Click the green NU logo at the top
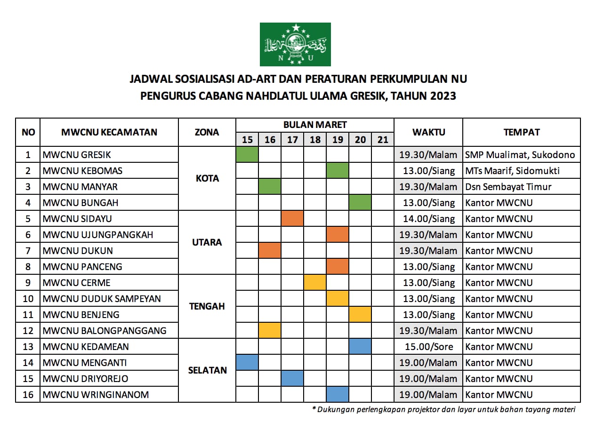(295, 44)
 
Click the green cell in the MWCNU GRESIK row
(247, 154)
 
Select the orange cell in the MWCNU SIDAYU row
(292, 219)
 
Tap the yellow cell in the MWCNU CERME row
(315, 283)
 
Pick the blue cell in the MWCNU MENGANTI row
(247, 363)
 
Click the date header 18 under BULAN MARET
(315, 140)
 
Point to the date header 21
(383, 140)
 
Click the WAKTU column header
(428, 132)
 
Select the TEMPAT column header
(521, 132)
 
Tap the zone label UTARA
(207, 243)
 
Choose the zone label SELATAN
(207, 370)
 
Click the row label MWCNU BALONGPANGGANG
(104, 331)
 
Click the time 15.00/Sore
(428, 347)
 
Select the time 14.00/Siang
(428, 219)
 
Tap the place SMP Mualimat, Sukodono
(520, 155)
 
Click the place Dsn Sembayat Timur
(508, 187)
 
